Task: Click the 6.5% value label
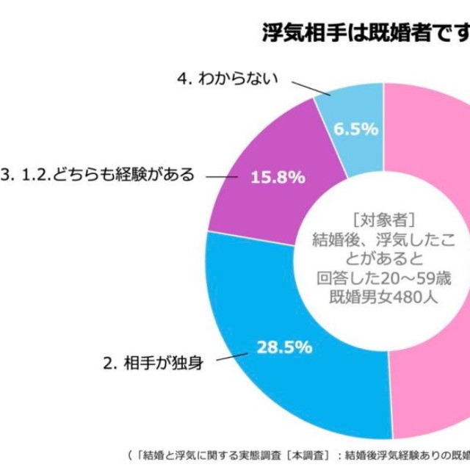[x=355, y=129]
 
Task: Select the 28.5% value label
[x=284, y=346]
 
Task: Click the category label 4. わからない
[x=228, y=78]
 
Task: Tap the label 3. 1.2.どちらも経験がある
[x=98, y=175]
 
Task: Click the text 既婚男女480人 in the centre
[x=385, y=297]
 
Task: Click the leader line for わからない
[x=314, y=90]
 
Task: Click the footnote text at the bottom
[x=294, y=453]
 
